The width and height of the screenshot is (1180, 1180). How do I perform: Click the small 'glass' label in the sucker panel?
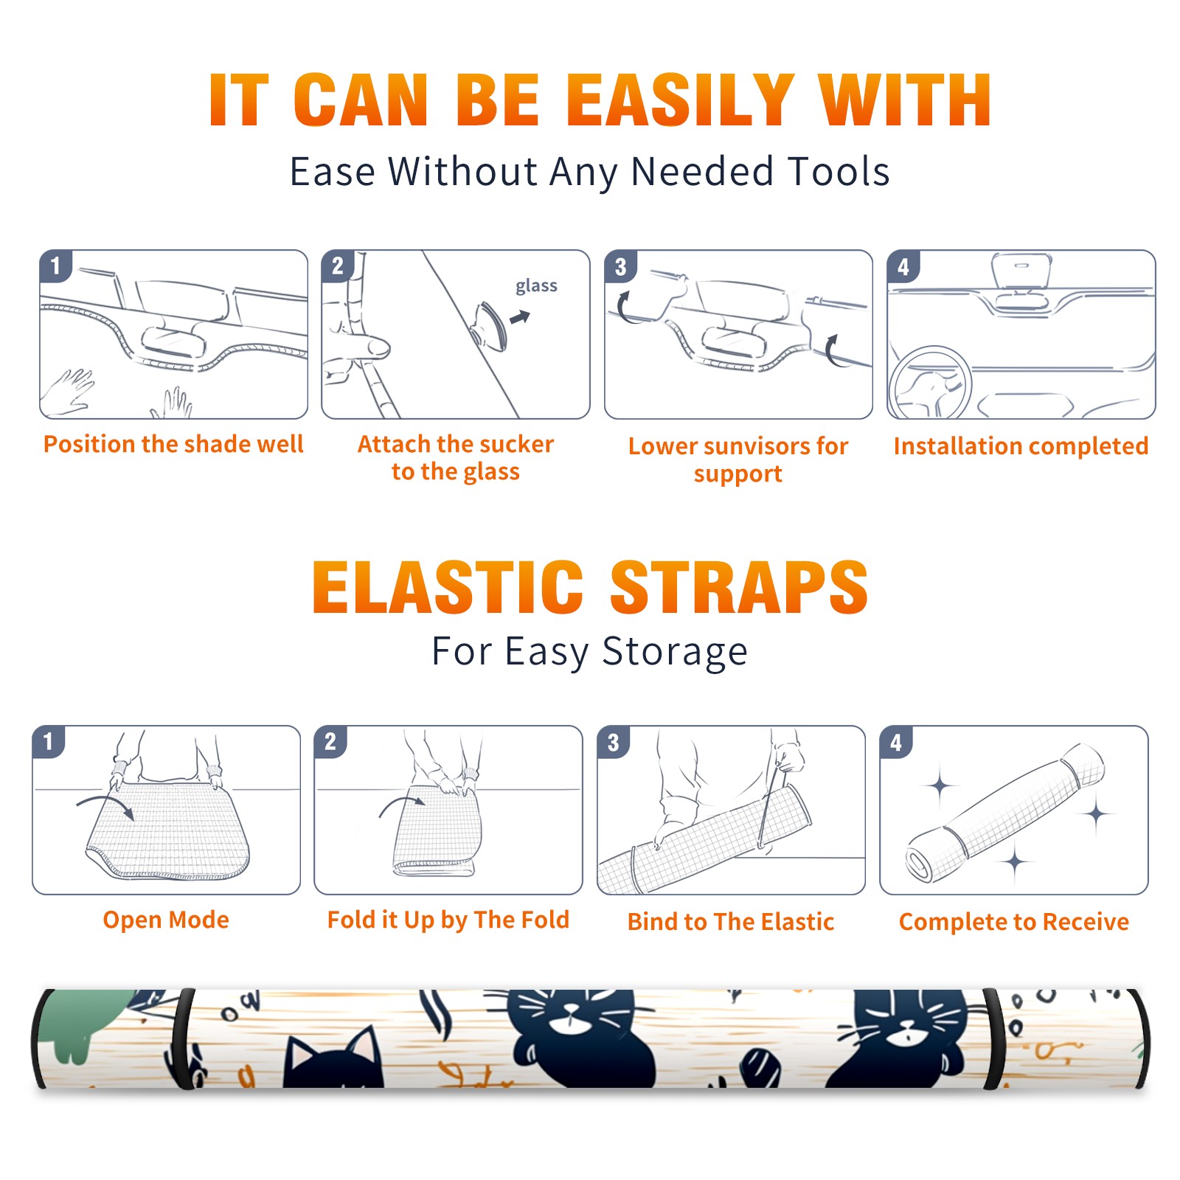[x=536, y=286]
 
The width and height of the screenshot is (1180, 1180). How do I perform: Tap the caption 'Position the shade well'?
[x=173, y=444]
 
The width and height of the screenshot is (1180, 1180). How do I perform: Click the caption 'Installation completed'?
[x=1021, y=446]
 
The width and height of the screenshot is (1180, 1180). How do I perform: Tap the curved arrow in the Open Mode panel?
[x=105, y=805]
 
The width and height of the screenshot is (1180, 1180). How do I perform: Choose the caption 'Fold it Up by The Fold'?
[x=448, y=920]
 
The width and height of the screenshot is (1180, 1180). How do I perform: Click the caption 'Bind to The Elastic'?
[x=731, y=922]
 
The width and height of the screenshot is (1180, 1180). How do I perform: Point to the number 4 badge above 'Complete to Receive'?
[x=896, y=742]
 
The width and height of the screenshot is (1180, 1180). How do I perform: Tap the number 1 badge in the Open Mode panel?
[x=49, y=741]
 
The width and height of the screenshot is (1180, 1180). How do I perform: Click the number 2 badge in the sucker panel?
[x=338, y=265]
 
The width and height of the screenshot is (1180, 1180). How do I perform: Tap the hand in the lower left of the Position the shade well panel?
[x=68, y=392]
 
